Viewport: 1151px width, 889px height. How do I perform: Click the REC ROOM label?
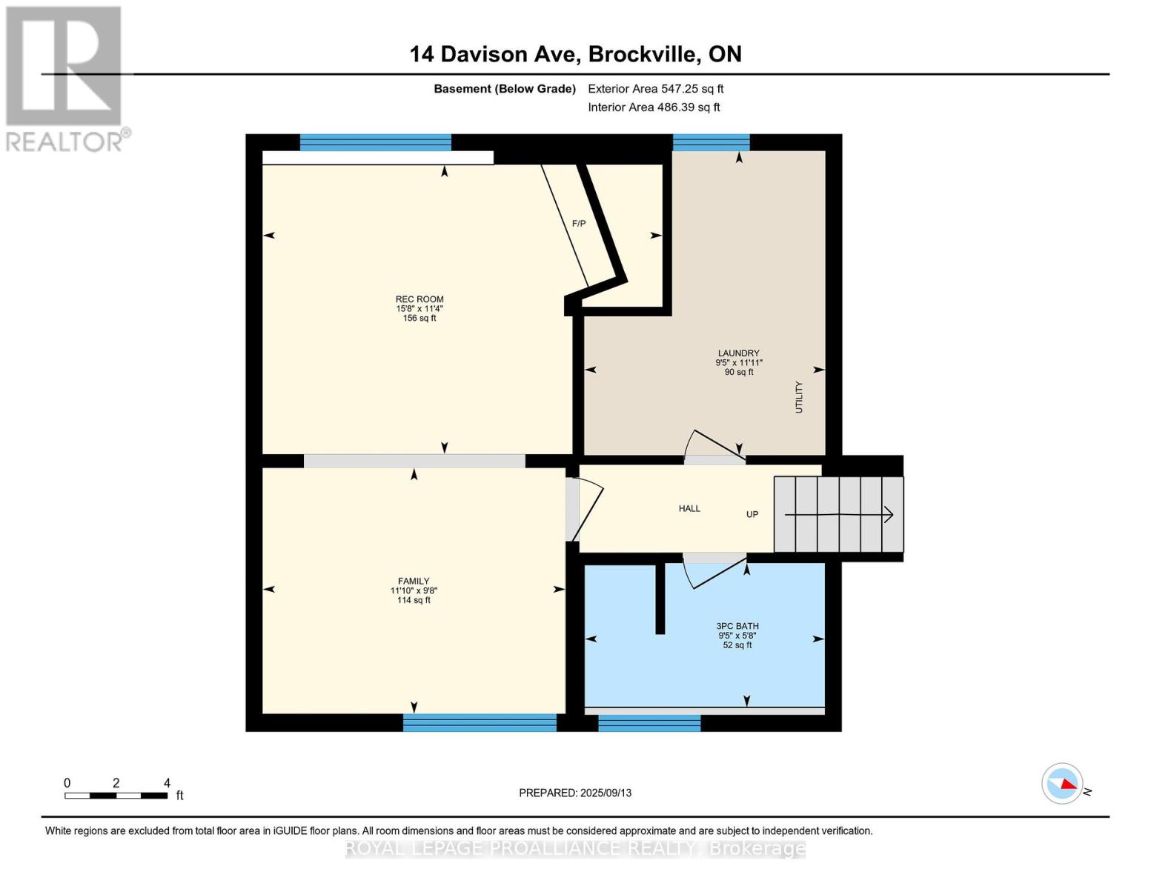(x=419, y=299)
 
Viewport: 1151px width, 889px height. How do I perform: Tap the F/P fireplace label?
(x=579, y=223)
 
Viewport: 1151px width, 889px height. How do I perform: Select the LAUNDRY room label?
(x=738, y=353)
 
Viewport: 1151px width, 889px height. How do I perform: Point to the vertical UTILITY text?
(x=799, y=397)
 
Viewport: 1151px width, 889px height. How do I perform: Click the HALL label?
(x=689, y=509)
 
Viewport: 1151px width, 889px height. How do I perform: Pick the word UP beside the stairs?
(x=752, y=514)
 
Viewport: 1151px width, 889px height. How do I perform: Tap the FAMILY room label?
(x=414, y=582)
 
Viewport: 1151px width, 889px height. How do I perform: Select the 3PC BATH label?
(x=737, y=626)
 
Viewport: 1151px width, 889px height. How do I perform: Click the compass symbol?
(x=1063, y=783)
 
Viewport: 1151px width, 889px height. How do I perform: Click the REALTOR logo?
(x=65, y=78)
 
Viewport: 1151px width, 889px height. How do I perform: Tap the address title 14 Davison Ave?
(x=575, y=54)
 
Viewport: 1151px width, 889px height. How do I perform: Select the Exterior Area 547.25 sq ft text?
(x=655, y=89)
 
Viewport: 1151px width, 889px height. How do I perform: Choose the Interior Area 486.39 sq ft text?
(x=654, y=107)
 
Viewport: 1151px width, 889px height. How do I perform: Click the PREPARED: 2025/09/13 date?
(x=575, y=793)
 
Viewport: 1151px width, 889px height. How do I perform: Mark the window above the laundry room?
(x=711, y=141)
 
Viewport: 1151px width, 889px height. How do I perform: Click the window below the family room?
(x=480, y=722)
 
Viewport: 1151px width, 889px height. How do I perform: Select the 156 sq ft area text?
(x=419, y=319)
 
